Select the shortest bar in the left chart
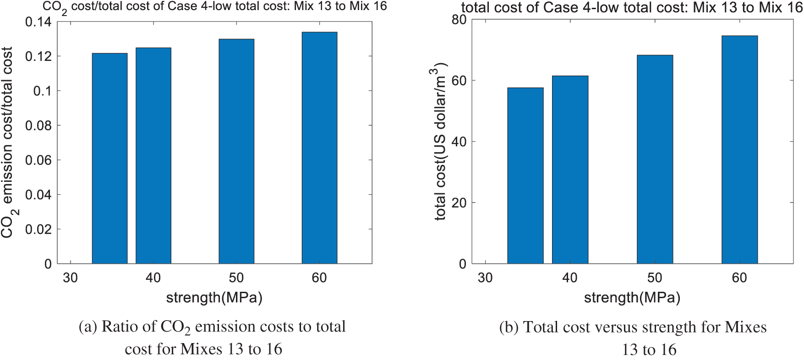click(109, 158)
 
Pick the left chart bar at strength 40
click(153, 155)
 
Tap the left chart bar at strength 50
click(236, 151)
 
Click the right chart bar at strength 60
click(739, 149)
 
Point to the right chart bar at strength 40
click(570, 169)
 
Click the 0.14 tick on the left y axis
click(38, 22)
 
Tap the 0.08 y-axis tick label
click(38, 125)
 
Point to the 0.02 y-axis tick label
click(38, 229)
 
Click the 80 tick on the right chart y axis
click(459, 19)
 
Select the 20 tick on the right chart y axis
click(459, 203)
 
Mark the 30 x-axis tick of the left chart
click(70, 278)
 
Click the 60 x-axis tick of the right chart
click(739, 278)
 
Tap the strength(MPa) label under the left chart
click(214, 298)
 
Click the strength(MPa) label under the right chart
click(632, 298)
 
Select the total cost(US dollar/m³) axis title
click(439, 142)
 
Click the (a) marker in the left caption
click(88, 327)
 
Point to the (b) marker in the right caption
click(509, 327)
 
